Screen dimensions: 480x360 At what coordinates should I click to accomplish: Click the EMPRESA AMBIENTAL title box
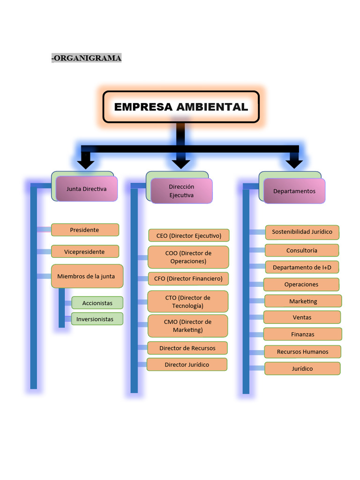[x=181, y=107]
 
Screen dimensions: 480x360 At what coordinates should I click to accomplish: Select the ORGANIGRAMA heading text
[x=87, y=58]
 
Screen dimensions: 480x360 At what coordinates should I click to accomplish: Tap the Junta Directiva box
[x=86, y=189]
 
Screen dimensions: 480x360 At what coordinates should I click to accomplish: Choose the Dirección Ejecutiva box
[x=181, y=191]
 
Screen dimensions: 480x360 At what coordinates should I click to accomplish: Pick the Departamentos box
[x=294, y=191]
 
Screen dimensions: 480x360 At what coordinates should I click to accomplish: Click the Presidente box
[x=85, y=230]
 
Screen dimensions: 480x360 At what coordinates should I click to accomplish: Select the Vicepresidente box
[x=85, y=252]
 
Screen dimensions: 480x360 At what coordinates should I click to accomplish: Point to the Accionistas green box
[x=97, y=303]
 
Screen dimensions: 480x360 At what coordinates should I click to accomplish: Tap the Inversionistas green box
[x=97, y=319]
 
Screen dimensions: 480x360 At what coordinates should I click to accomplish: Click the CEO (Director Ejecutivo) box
[x=189, y=235]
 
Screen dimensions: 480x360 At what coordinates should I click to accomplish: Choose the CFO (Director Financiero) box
[x=188, y=278]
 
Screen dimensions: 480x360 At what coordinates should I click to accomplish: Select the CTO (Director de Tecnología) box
[x=188, y=301]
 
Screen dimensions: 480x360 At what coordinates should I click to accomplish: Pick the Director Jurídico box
[x=187, y=365]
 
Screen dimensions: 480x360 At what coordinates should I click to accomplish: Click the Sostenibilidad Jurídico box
[x=302, y=232]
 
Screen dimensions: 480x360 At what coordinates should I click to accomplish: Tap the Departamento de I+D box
[x=302, y=267]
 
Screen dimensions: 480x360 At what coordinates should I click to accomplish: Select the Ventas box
[x=302, y=317]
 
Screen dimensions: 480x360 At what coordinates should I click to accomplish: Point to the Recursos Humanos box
[x=303, y=352]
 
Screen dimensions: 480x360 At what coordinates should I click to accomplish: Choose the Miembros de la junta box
[x=86, y=276]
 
